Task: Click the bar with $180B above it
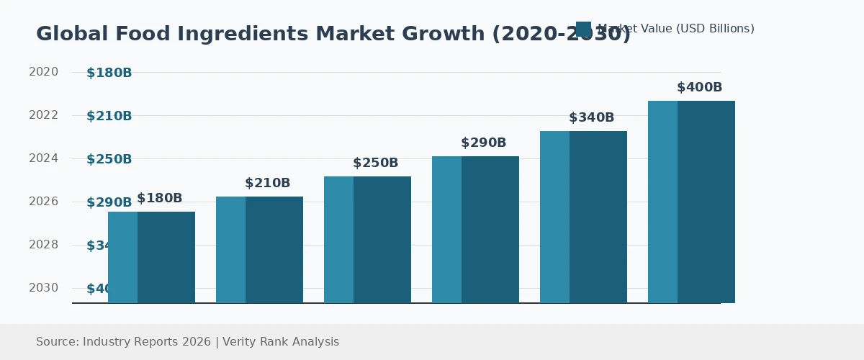151,257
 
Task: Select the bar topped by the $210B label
259,249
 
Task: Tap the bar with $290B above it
475,229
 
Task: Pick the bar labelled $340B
583,217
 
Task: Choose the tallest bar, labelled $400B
691,202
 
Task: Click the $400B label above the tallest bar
699,88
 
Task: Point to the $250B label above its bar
375,163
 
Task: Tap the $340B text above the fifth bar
591,118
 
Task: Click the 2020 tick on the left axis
43,72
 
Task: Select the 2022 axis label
43,115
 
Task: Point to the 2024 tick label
43,158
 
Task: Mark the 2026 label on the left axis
43,202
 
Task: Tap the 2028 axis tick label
43,245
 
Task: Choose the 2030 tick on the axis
43,288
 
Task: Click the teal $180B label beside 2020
109,73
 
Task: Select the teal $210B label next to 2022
109,116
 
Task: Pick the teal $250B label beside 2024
109,159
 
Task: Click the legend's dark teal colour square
583,29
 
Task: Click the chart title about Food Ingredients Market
333,34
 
